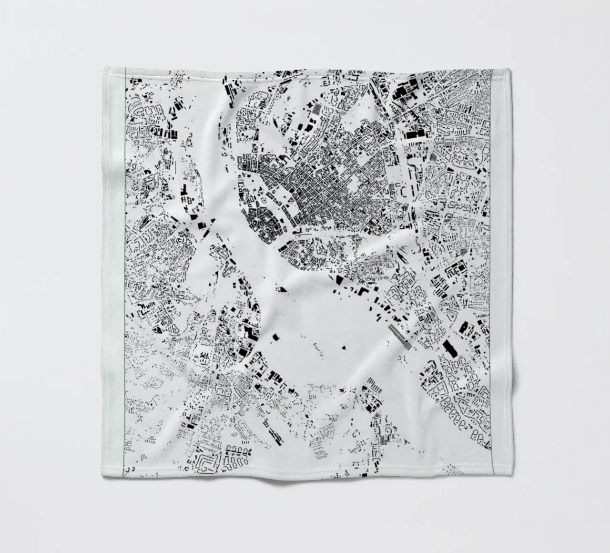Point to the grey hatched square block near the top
(316, 109)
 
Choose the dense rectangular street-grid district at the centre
(324, 191)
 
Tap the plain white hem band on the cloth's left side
(114, 272)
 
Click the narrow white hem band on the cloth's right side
(497, 272)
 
